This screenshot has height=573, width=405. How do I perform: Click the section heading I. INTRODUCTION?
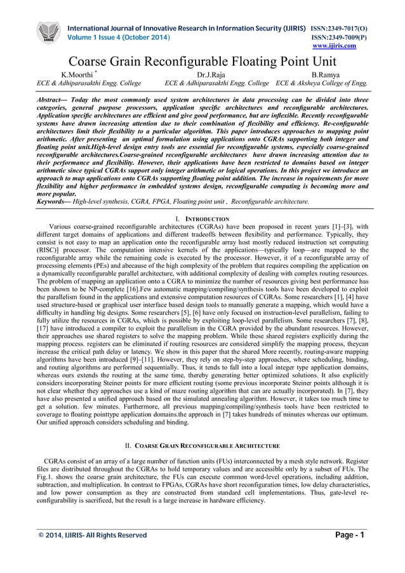(x=202, y=218)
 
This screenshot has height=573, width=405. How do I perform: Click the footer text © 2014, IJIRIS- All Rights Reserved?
(x=95, y=535)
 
